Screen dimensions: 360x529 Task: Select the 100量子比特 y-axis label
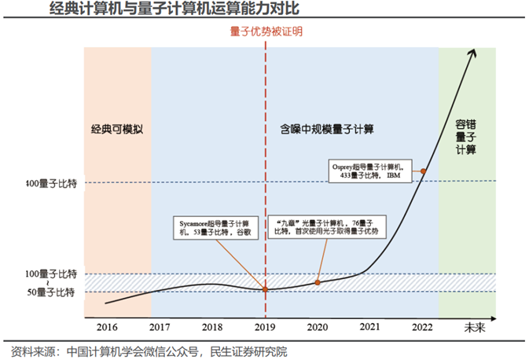(51, 274)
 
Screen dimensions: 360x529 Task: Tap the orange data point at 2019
(266, 289)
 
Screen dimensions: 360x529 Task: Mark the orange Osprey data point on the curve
(424, 171)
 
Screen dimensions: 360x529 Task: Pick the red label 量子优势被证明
(266, 32)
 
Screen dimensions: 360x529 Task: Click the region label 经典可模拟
(116, 127)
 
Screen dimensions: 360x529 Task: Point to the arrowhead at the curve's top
(474, 52)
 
